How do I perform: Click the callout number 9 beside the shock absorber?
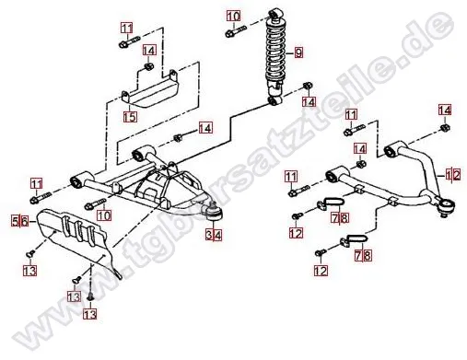tap(298, 52)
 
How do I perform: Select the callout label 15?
tap(130, 117)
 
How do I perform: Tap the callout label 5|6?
tap(20, 221)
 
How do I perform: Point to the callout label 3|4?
tap(214, 235)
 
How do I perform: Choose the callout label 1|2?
tap(453, 176)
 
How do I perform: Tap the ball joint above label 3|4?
tap(214, 213)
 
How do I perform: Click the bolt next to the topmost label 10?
tap(236, 31)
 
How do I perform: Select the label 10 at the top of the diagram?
tap(234, 16)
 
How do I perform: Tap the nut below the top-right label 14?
tap(445, 127)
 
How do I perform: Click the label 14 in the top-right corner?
tap(445, 110)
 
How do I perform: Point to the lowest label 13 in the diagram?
tap(90, 314)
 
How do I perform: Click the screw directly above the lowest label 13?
tap(90, 297)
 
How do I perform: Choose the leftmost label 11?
tap(37, 184)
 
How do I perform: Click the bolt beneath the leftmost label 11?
tap(41, 198)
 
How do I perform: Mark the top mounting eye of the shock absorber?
tap(274, 14)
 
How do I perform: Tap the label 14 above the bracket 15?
tap(149, 50)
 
